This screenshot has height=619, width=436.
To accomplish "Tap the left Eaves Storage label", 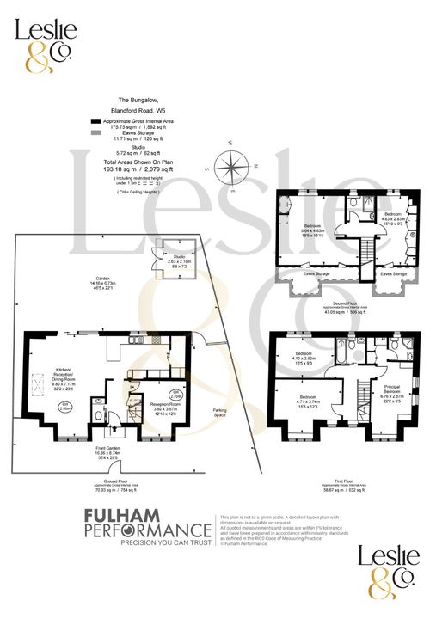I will (316, 275).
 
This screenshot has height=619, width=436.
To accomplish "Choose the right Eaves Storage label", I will (394, 275).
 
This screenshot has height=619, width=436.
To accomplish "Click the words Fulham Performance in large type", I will (146, 524).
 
